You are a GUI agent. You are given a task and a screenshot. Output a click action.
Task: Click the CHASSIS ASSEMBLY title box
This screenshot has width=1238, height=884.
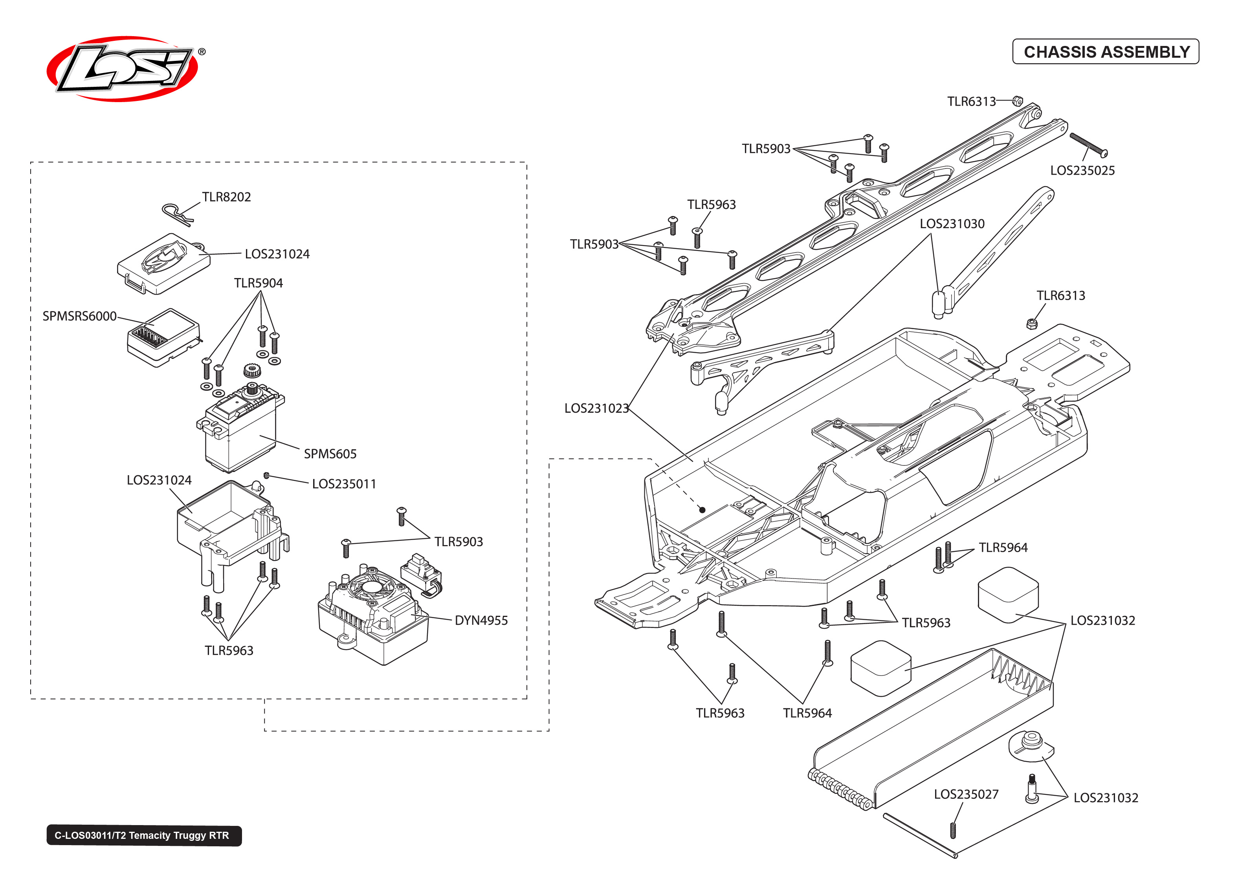click(x=1105, y=52)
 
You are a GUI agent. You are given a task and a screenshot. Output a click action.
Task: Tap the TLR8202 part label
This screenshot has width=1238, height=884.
click(x=226, y=197)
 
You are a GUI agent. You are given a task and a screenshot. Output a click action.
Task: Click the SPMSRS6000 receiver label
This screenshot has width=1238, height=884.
click(x=79, y=316)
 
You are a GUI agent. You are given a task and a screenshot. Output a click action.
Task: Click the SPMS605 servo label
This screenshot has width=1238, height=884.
click(x=330, y=454)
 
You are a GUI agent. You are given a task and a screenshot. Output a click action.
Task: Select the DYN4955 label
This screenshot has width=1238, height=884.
click(x=481, y=620)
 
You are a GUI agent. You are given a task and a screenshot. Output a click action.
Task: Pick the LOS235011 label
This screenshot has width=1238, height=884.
click(x=344, y=484)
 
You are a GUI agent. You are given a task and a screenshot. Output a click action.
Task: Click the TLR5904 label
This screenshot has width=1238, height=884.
click(x=259, y=283)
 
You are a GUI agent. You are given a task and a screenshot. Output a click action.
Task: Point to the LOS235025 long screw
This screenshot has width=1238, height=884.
click(x=1088, y=145)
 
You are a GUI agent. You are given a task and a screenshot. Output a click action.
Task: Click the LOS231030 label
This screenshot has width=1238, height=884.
click(x=952, y=224)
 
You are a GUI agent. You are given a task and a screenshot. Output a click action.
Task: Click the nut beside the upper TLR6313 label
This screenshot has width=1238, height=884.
click(x=1017, y=101)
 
